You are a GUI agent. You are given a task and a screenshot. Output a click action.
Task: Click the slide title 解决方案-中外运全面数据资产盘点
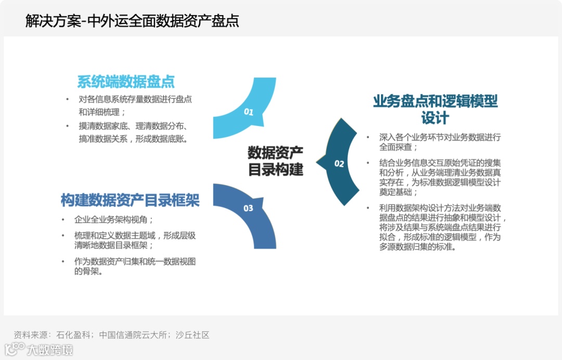(x=132, y=21)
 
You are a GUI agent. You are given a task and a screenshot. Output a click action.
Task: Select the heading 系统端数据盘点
(x=126, y=82)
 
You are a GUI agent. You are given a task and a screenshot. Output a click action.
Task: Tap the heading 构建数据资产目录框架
(x=130, y=200)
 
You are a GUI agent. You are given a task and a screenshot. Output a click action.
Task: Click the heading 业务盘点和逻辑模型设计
(x=435, y=109)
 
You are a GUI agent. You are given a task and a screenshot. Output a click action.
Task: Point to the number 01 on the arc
(x=248, y=111)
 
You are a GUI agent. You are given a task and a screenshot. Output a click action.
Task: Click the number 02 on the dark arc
(x=339, y=164)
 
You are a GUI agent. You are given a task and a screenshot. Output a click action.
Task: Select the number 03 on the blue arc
(x=248, y=208)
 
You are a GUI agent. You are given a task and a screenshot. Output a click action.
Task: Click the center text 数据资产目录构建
(x=275, y=161)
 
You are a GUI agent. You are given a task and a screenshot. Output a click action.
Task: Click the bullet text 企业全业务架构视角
(x=114, y=220)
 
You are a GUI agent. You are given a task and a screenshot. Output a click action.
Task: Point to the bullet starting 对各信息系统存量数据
(x=135, y=105)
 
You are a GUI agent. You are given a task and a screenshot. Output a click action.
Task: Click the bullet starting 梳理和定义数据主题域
(x=135, y=240)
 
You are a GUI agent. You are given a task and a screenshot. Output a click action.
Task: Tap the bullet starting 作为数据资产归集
(x=135, y=266)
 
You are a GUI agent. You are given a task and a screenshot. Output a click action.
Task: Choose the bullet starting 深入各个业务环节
(x=440, y=142)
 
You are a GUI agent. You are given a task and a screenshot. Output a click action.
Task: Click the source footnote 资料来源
(x=111, y=335)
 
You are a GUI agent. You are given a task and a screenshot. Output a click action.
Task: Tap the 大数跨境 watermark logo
(x=39, y=349)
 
